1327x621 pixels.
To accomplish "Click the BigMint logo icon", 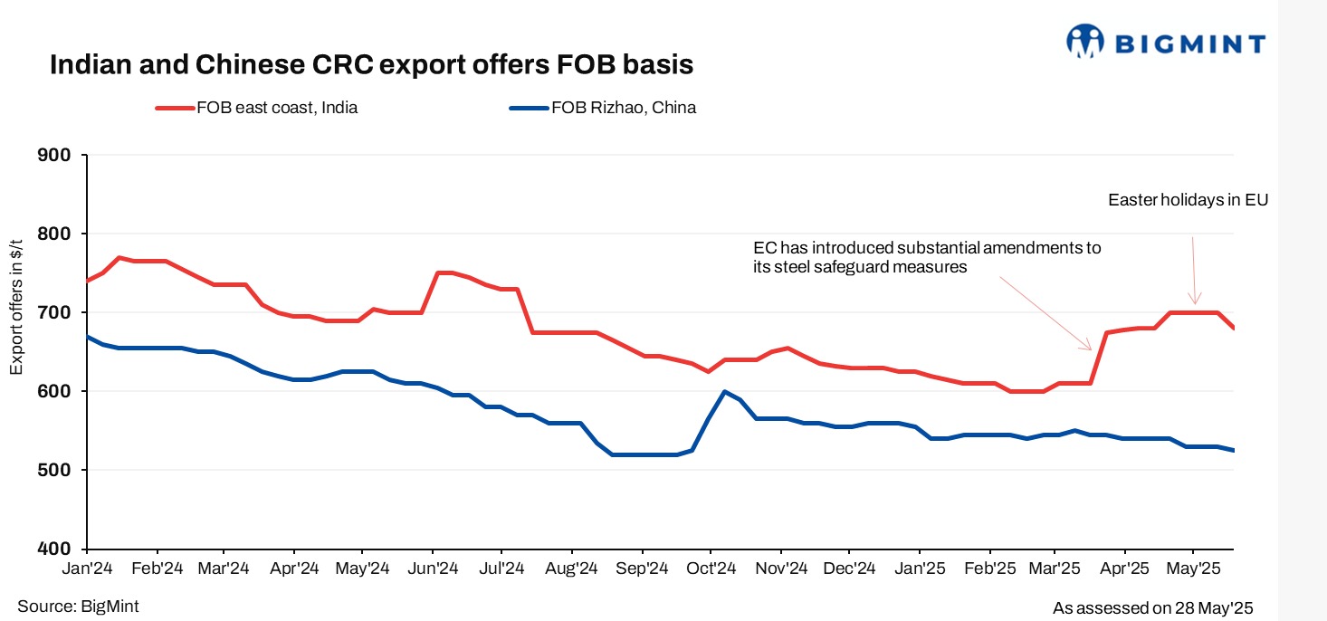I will [1086, 42].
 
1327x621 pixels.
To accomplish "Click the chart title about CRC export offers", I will [370, 66].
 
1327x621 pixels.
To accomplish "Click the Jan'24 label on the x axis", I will [87, 568].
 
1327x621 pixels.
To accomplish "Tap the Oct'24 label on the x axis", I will [711, 568].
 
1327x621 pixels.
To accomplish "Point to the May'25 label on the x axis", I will [1193, 568].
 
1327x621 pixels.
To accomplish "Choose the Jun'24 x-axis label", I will [433, 568].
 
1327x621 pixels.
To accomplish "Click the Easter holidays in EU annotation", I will [1188, 200].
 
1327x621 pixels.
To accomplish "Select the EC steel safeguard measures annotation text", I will [927, 257].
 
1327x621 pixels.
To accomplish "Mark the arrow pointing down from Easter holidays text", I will [1194, 270].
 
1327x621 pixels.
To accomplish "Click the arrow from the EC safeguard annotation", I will [1045, 314].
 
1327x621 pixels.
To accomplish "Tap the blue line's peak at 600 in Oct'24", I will [724, 391].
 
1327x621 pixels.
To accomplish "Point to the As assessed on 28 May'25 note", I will [1152, 608].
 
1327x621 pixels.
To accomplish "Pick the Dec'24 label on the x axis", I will [850, 568].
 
